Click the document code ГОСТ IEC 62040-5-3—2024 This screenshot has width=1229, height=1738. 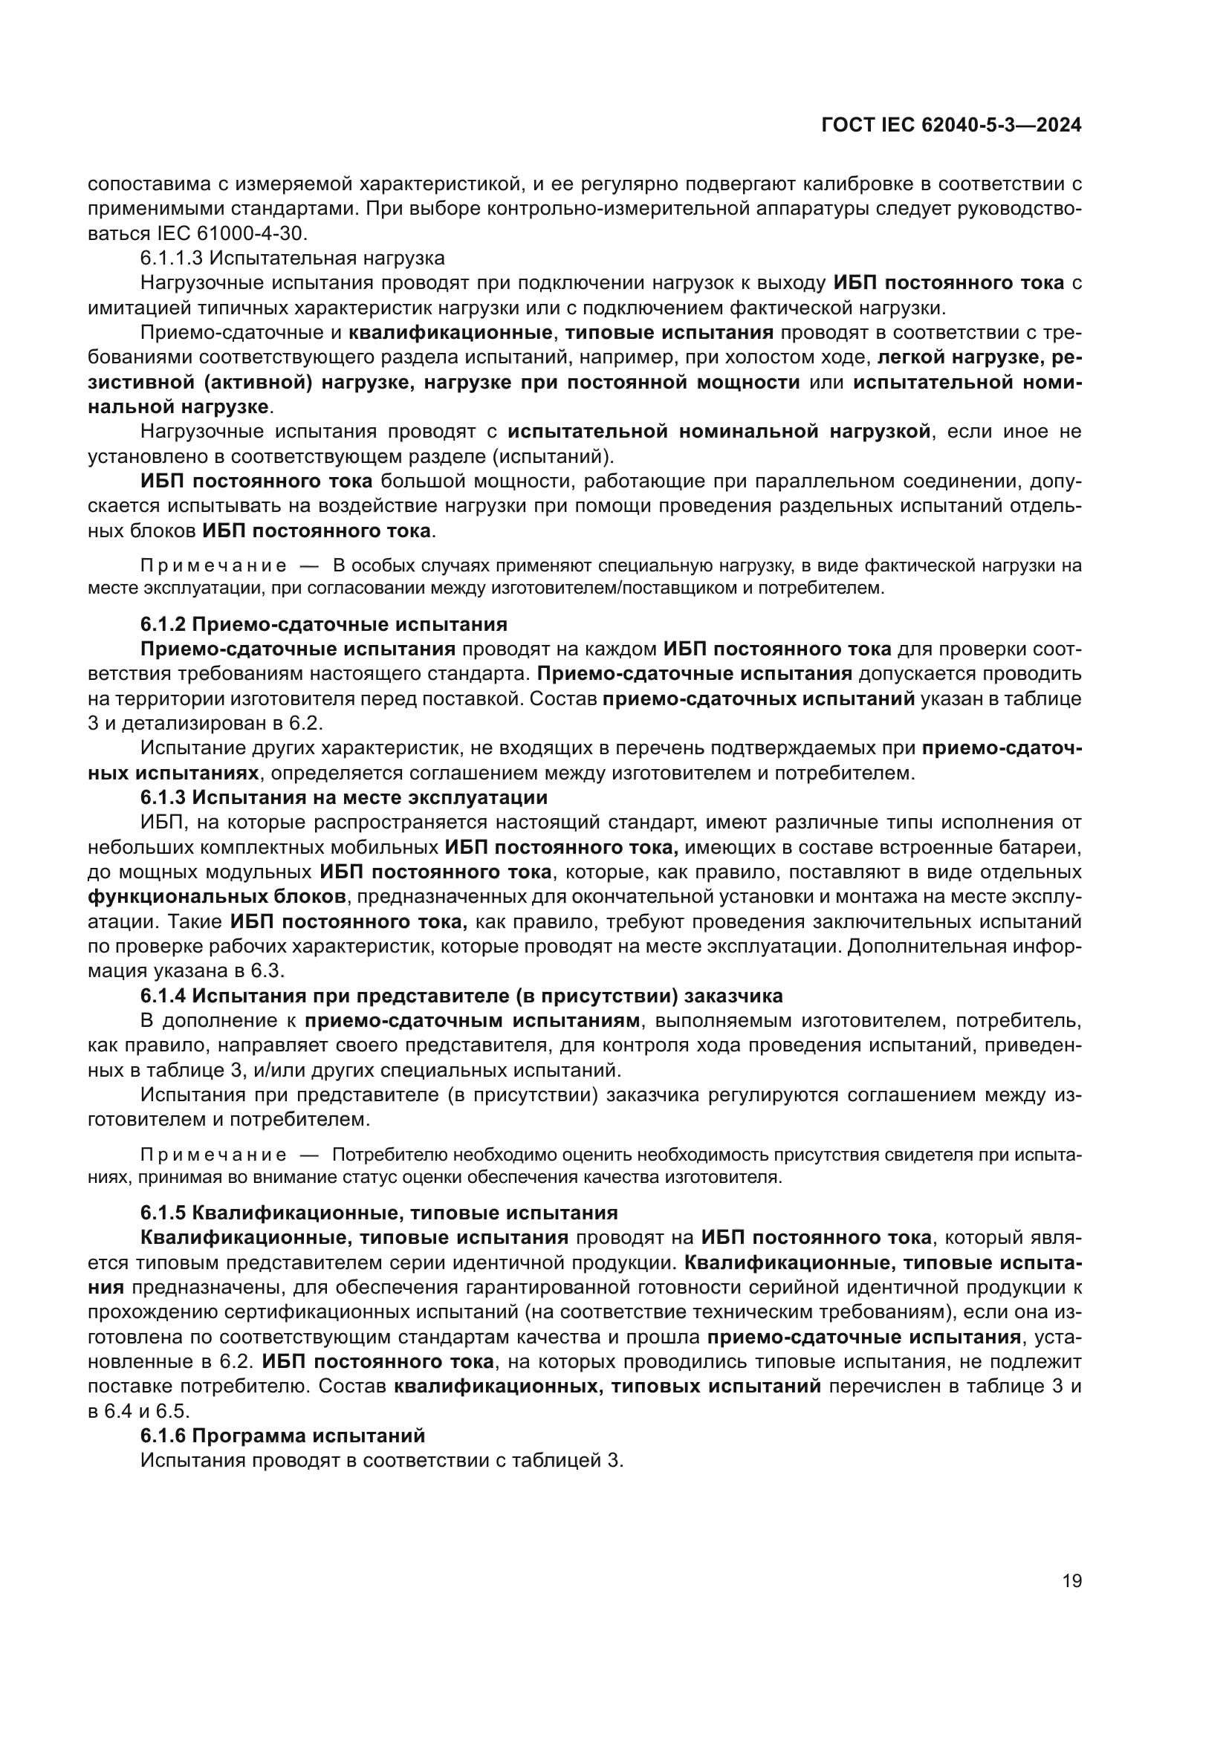(x=951, y=126)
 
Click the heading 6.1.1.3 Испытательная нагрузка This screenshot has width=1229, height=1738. (x=293, y=258)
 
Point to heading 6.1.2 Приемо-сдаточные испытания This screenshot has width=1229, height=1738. (x=323, y=624)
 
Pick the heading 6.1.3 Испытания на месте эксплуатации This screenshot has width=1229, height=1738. (x=343, y=798)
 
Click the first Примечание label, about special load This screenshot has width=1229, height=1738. (x=213, y=566)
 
